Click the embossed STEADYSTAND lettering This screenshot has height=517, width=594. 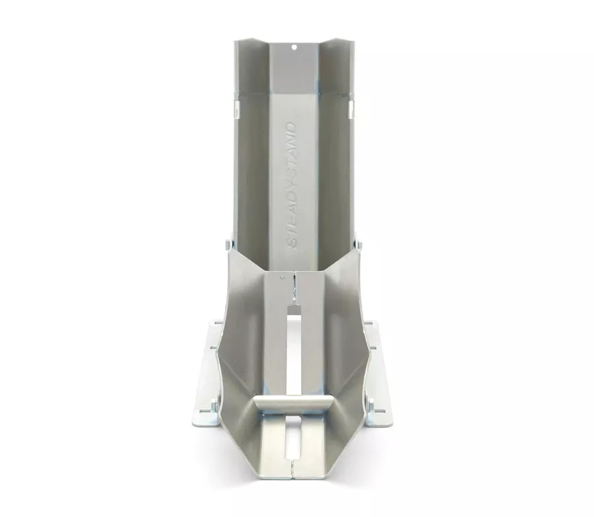[292, 185]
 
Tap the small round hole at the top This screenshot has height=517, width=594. [294, 48]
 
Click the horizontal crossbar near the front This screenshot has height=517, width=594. [291, 403]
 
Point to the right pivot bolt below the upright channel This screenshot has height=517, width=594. [359, 244]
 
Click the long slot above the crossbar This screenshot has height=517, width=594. [294, 348]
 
